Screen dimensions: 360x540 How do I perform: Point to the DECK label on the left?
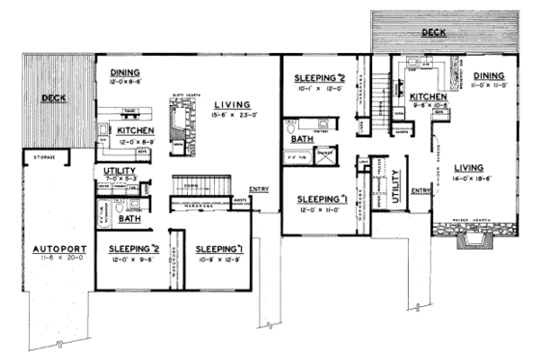52,98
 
